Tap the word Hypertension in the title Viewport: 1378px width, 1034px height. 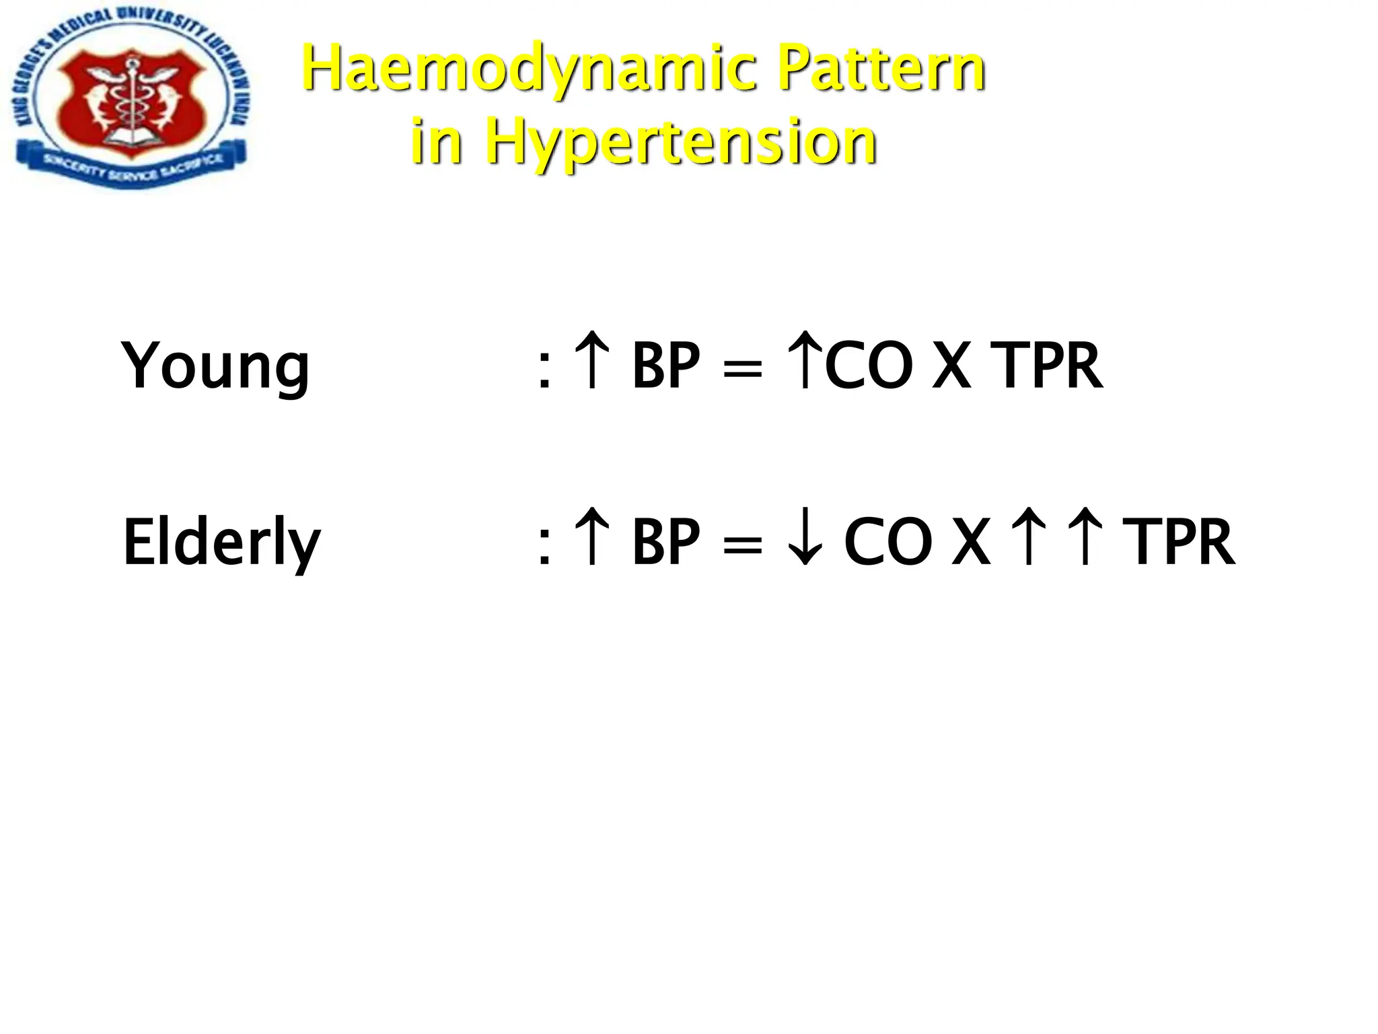coord(680,142)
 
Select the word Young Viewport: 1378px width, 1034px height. coord(215,367)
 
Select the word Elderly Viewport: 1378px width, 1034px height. coord(221,543)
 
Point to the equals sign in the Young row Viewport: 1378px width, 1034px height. coord(742,370)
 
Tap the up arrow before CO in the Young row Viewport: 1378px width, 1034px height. coord(804,360)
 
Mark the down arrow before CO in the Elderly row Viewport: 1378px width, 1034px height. coord(804,539)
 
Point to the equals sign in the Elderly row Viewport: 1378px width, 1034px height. coord(742,545)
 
